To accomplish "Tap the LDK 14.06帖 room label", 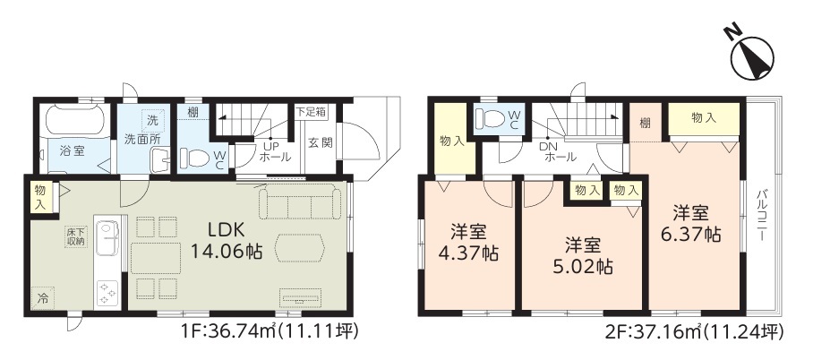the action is coord(226,241).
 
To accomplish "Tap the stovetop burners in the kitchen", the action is coord(107,293).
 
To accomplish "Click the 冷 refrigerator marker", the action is coord(43,298).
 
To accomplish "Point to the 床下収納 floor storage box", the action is coord(76,236).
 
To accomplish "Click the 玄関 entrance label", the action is coord(320,142).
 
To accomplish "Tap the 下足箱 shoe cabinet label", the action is coord(311,110).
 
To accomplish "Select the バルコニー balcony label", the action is coord(762,214).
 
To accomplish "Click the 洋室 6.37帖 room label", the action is coord(690,223).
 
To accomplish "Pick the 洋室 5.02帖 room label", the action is coord(582,255).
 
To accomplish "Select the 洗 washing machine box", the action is coord(153,121).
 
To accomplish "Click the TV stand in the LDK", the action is coord(301,297).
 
